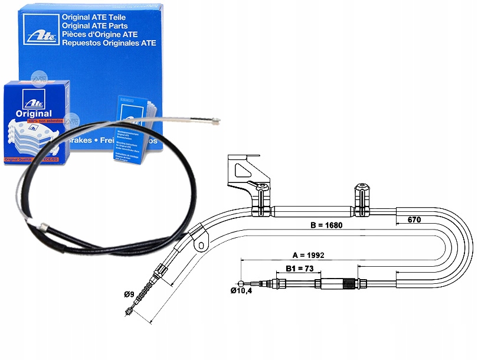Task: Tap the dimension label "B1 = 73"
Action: [x=299, y=269]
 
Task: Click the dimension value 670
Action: [x=415, y=220]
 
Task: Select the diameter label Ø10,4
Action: [x=241, y=291]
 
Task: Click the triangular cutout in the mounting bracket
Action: [x=242, y=170]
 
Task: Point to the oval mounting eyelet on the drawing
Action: [x=203, y=243]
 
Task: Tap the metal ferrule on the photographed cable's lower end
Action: [x=42, y=226]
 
